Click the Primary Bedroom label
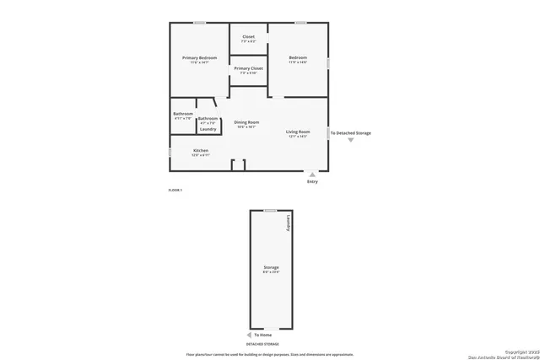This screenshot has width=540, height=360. tap(200, 57)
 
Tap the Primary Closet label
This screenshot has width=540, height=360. tap(248, 68)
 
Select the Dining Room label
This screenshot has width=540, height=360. tap(246, 122)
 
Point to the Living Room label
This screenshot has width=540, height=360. tap(298, 132)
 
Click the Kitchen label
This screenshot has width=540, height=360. tap(200, 150)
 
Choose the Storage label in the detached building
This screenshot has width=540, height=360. tap(271, 267)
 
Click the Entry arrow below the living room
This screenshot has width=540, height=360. tap(312, 175)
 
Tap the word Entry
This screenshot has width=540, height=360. tap(312, 181)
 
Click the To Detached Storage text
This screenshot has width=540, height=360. tap(350, 133)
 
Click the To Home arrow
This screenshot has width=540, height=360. tap(248, 335)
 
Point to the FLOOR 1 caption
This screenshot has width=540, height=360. tap(175, 191)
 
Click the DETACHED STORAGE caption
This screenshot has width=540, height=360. tap(262, 344)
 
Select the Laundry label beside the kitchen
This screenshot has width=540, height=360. tap(208, 129)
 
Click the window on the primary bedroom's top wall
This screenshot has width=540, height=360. tap(200, 23)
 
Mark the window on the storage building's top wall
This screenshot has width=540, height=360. tap(270, 210)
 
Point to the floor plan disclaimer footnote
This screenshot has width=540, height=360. tap(270, 354)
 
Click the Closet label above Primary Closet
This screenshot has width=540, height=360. tap(248, 36)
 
